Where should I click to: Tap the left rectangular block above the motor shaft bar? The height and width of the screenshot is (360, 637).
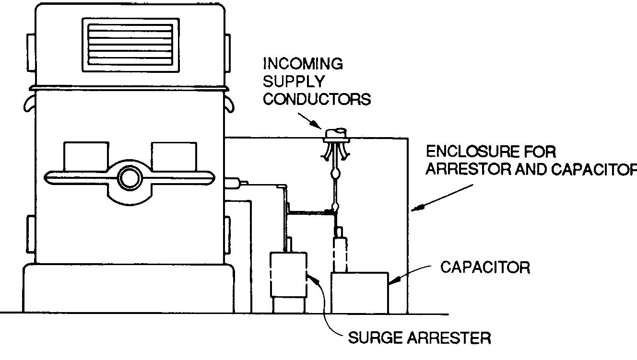[86, 156]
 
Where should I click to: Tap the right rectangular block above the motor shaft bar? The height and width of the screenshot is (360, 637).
[174, 156]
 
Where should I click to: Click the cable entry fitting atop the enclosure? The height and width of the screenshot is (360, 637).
[335, 136]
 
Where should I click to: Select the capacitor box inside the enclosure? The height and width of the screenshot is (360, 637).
[359, 292]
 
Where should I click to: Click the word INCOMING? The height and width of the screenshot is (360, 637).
[303, 64]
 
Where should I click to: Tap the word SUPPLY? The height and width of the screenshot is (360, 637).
[293, 81]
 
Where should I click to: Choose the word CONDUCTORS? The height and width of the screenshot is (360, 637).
[317, 99]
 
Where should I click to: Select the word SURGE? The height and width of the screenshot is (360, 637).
[375, 338]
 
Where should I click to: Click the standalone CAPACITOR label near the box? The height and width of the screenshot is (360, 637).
[485, 267]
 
